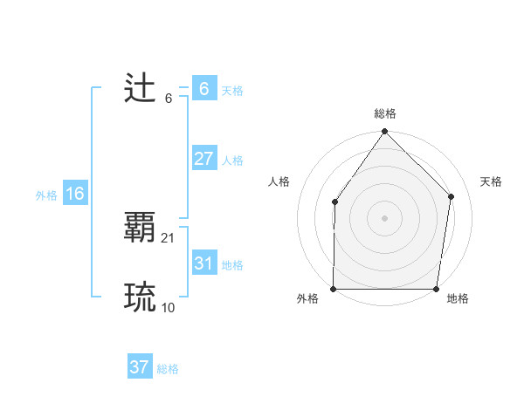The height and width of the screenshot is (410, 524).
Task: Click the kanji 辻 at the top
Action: [140, 89]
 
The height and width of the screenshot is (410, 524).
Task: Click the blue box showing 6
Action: [203, 89]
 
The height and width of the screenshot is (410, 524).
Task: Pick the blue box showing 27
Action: [203, 159]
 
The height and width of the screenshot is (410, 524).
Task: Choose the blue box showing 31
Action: [203, 263]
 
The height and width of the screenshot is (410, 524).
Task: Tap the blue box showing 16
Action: [75, 194]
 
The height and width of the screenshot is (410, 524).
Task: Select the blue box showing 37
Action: [140, 367]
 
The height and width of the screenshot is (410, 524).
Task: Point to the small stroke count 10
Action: [169, 308]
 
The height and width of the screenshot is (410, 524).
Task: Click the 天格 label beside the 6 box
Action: [232, 90]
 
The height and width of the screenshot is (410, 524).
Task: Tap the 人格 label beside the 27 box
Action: [232, 161]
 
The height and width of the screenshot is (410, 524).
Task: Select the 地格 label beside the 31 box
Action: [232, 265]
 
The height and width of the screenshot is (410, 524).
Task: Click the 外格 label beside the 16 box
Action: [46, 195]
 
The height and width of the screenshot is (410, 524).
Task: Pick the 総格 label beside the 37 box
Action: [168, 369]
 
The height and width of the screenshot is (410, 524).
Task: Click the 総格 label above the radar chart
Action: [384, 113]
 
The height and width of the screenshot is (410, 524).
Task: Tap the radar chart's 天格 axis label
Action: [491, 181]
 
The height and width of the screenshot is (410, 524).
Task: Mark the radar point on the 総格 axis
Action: [384, 132]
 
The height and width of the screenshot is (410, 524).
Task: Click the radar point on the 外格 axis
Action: [334, 289]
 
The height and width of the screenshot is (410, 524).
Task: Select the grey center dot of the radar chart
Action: [384, 217]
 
